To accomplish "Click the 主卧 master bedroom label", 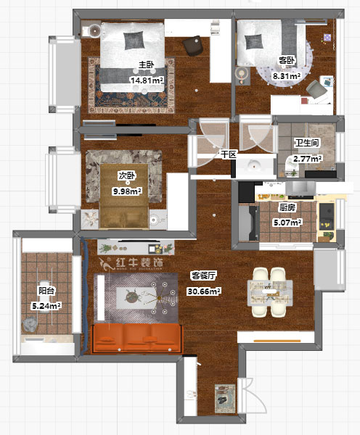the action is pos(147,65).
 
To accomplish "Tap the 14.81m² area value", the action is pos(147,80).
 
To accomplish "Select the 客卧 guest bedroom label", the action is pos(287,60).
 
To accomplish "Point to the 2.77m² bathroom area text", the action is pos(308,159).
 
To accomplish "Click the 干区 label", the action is pos(229,154).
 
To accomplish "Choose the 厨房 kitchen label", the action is pos(287,207).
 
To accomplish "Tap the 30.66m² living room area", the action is pos(204,291).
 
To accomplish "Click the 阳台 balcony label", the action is pos(46,291).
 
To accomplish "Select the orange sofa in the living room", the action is pos(137,338).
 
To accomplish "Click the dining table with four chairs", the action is pos(270,292).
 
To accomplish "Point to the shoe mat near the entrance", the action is pos(225,398).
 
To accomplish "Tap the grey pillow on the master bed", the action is pos(134,41).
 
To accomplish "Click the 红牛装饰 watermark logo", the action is pos(131,264).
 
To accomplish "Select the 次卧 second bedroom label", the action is pos(127,175).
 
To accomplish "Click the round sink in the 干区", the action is pos(253,165).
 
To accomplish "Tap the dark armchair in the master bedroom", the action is pos(193,46).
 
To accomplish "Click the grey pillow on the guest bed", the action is pos(253,42).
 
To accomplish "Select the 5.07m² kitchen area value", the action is pos(287,223).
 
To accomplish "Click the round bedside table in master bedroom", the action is pos(95,30).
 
